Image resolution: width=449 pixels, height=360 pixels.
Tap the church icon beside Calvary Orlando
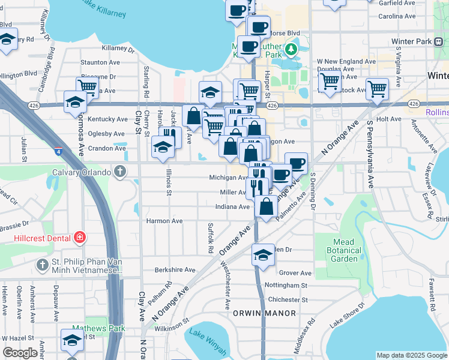(x=120, y=172)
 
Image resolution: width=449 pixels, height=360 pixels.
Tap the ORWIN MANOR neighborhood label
(x=264, y=313)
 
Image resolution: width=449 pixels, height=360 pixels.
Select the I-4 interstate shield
(x=58, y=152)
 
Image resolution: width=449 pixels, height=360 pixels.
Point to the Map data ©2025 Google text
(x=412, y=355)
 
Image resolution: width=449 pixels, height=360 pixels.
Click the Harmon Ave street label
(x=164, y=221)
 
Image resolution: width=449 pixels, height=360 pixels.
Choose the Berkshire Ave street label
(x=175, y=270)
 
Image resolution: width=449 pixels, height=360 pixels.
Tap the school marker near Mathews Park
(x=72, y=340)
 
